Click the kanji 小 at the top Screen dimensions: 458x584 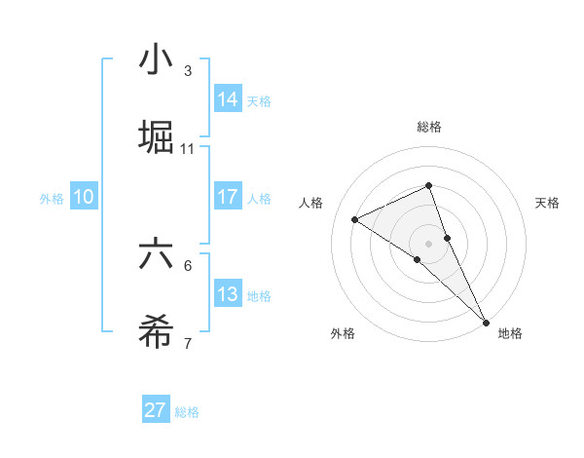click(157, 61)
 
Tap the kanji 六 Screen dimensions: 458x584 click(157, 254)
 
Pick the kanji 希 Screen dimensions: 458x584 click(157, 332)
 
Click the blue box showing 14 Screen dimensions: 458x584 click(228, 98)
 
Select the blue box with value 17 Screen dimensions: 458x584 click(228, 197)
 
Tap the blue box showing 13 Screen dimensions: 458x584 click(228, 294)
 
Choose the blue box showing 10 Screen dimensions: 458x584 click(84, 197)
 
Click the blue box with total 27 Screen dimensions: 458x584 click(156, 410)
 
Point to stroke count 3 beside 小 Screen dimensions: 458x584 click(188, 71)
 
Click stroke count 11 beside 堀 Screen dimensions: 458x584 click(188, 148)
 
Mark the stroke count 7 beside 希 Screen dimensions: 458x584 click(188, 343)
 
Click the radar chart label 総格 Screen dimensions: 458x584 click(429, 127)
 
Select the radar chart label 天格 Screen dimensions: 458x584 click(548, 203)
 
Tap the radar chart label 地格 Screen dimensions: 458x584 click(510, 333)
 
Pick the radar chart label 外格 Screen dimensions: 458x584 click(343, 333)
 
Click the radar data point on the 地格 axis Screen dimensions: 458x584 click(486, 321)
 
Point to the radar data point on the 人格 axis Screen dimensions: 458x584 click(355, 219)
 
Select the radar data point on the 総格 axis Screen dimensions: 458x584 click(428, 185)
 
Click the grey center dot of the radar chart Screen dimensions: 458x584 click(428, 243)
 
